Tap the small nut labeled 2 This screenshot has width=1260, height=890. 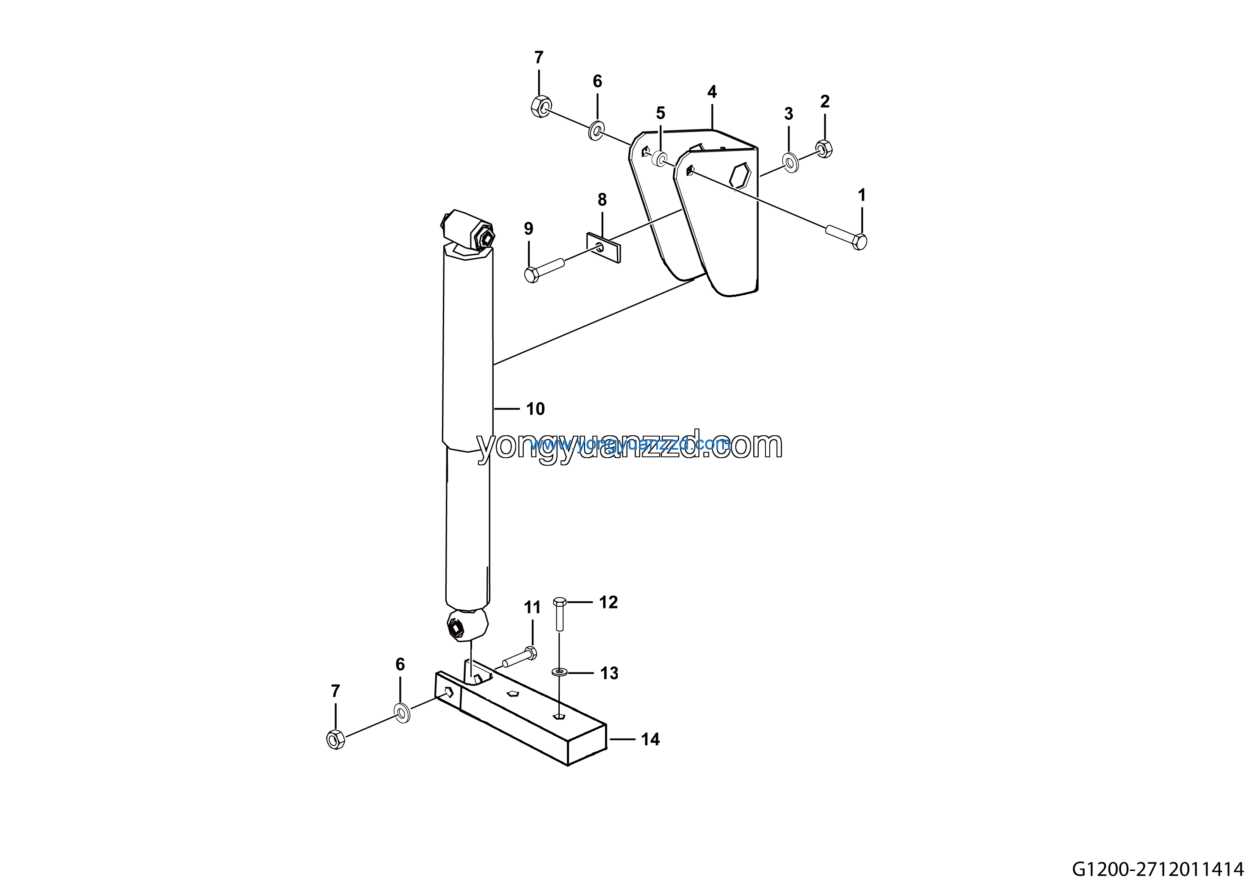pos(824,149)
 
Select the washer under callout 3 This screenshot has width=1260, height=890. pos(790,163)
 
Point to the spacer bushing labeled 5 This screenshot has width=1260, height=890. pos(660,160)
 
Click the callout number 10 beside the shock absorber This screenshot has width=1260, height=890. pos(535,409)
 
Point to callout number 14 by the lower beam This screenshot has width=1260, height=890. pos(650,740)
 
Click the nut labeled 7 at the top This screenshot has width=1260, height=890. pos(541,106)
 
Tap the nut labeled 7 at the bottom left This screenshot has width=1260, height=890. pos(335,740)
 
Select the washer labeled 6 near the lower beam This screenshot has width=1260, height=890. pos(402,712)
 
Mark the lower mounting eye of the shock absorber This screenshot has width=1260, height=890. pos(467,625)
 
